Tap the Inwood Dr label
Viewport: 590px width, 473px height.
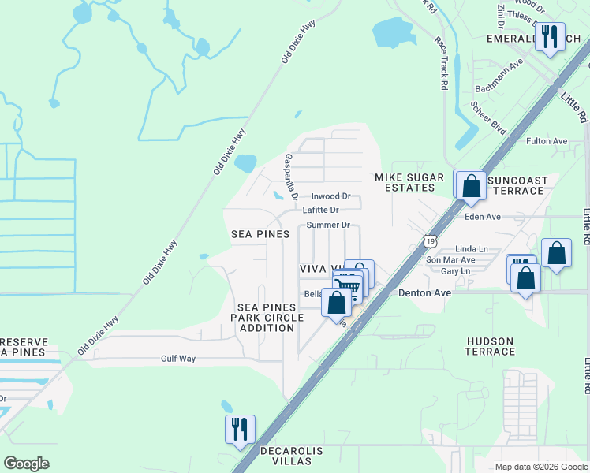click(330, 196)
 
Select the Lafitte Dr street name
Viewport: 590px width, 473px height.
click(320, 210)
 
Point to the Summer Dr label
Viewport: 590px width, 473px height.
click(328, 225)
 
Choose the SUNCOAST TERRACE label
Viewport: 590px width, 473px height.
click(517, 185)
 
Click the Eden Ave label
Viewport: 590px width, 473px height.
click(483, 217)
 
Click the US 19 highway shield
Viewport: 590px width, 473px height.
click(428, 239)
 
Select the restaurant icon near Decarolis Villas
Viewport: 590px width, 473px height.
click(240, 430)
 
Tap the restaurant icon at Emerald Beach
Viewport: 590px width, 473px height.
click(550, 36)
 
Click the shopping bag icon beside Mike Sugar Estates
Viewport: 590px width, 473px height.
click(471, 187)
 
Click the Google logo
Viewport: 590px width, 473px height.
click(27, 464)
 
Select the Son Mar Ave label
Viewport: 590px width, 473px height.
click(450, 259)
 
